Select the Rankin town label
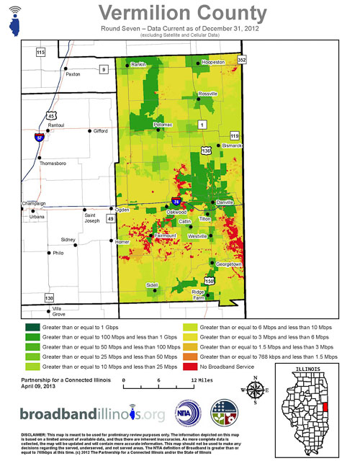138,65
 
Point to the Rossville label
207,94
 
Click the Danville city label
225,203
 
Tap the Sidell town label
151,285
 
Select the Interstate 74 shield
176,202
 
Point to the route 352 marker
242,59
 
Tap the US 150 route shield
210,280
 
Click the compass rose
256,393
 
